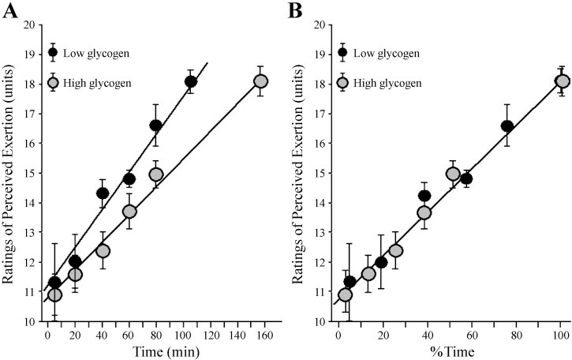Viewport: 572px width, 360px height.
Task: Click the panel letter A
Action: click(x=9, y=11)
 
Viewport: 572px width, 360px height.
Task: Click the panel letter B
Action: click(x=295, y=11)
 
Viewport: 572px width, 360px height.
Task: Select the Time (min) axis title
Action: click(x=166, y=351)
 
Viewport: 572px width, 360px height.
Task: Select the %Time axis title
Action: click(x=452, y=351)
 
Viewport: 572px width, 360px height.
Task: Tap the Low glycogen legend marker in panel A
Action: click(x=54, y=52)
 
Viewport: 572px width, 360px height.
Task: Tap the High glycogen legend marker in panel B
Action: click(x=343, y=82)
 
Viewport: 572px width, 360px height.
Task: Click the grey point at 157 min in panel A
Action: click(x=260, y=81)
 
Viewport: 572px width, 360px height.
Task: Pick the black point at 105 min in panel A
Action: click(x=190, y=82)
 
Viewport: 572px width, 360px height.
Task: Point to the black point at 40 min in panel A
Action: click(x=103, y=193)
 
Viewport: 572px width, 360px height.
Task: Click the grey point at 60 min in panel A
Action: click(x=129, y=212)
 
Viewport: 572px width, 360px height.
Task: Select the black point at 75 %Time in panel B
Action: click(x=507, y=126)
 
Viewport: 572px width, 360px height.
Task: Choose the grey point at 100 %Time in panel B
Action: click(x=563, y=81)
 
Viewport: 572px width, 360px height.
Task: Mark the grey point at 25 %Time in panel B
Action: click(x=396, y=251)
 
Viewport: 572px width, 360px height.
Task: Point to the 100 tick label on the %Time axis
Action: click(x=560, y=336)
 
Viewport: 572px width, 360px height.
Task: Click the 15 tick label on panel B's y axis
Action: click(x=320, y=173)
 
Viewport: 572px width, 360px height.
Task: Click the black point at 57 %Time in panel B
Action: click(x=465, y=179)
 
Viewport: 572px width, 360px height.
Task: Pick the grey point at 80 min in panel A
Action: click(x=156, y=174)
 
